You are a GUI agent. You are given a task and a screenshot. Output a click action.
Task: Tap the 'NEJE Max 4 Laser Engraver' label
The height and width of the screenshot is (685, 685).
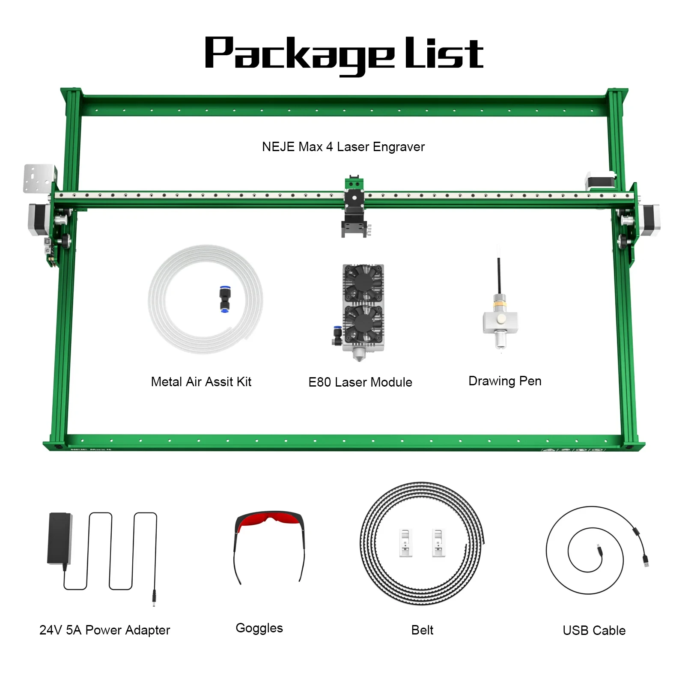click(x=343, y=147)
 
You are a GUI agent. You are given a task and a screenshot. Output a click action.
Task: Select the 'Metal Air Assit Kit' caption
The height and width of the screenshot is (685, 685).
click(x=201, y=381)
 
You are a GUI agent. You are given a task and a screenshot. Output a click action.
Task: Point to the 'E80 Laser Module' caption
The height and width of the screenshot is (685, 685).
click(x=360, y=382)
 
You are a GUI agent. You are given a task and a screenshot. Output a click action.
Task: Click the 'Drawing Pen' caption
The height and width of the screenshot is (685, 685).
click(x=505, y=381)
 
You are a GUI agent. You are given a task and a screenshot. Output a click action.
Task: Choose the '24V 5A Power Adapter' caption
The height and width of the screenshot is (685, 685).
click(x=105, y=630)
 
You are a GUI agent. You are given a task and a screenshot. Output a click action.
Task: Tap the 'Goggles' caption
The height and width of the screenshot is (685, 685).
click(x=259, y=628)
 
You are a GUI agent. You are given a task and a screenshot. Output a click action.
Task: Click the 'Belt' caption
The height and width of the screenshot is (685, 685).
click(x=422, y=630)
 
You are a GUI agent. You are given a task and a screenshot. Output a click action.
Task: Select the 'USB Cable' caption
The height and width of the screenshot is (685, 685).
click(x=594, y=630)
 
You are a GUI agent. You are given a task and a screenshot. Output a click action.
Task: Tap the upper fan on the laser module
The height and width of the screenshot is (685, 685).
click(x=363, y=283)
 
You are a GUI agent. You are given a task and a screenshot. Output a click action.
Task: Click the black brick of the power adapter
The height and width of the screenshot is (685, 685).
click(x=60, y=538)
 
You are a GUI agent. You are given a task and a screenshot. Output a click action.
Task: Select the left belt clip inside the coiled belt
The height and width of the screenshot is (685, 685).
click(x=406, y=542)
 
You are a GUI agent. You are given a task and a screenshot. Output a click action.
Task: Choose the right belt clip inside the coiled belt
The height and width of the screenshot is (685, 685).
click(x=438, y=542)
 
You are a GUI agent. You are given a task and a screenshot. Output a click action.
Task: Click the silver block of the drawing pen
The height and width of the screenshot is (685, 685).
click(x=500, y=322)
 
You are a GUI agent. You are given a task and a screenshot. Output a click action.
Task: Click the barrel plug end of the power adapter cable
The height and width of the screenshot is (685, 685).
click(x=154, y=598)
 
